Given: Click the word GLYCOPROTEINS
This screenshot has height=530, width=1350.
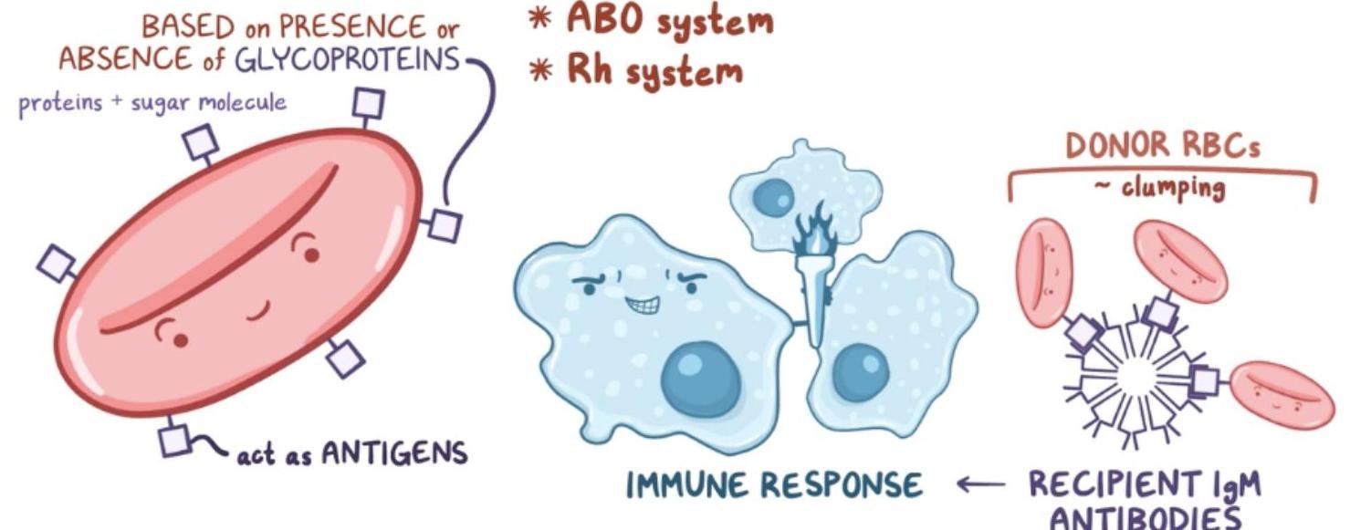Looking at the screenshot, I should tap(347, 60).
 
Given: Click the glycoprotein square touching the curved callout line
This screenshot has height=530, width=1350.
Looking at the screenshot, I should tap(445, 224).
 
